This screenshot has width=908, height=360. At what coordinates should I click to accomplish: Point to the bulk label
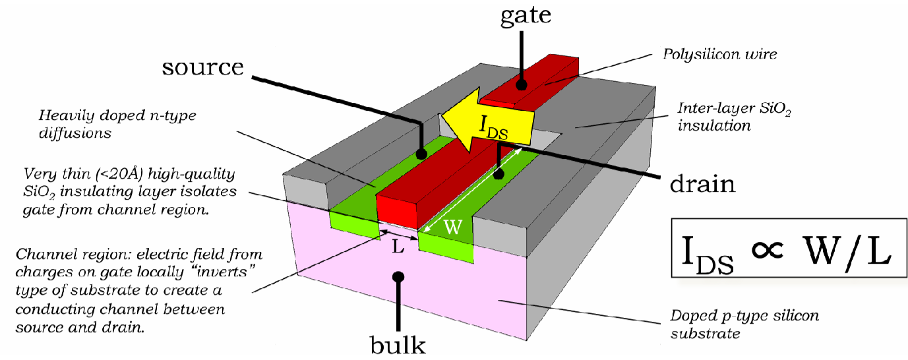(397, 344)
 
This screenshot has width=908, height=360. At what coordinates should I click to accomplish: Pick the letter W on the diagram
(451, 227)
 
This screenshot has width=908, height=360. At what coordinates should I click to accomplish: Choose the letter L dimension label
(398, 249)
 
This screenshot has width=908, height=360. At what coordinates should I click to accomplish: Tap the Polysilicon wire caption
(720, 54)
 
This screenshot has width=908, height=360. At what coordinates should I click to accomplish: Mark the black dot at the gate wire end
(521, 85)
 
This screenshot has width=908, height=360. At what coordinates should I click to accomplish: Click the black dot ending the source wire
(421, 154)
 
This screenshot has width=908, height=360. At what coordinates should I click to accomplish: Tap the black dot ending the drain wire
(499, 175)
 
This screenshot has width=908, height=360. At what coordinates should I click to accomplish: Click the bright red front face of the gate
(397, 211)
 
